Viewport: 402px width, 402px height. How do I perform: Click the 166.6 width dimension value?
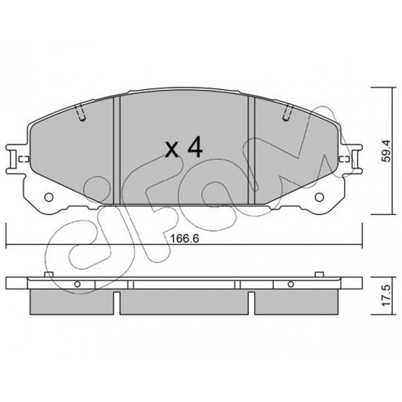185,239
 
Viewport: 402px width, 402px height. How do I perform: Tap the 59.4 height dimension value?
386,150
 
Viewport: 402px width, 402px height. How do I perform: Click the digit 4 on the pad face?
195,146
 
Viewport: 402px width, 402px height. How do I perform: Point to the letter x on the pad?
172,150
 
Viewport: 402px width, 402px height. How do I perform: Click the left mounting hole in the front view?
49,197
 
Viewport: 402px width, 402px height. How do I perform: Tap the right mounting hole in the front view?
319,197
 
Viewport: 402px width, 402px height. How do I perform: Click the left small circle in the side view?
77,284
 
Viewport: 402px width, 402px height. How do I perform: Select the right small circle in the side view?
291,284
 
